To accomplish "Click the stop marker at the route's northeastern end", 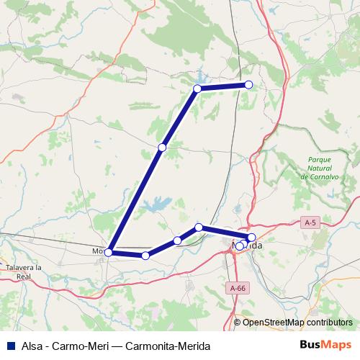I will pos(249,85).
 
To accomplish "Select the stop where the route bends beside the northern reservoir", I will pos(197,89).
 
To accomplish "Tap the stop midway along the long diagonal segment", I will pos(162,147).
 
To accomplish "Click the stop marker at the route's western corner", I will pos(109,252).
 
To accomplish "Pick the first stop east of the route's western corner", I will pos(145,256).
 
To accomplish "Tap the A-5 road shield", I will pos(311,223).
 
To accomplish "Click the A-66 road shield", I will pos(238,288).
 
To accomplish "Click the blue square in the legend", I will pos(11,344).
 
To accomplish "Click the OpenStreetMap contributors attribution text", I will pos(297,323).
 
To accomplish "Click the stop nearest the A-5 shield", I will pos(251,237).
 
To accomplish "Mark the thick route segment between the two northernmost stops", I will pos(223,86).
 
